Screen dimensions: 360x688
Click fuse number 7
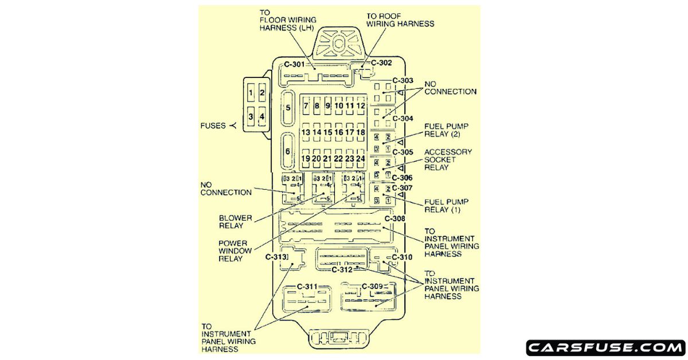coord(306,106)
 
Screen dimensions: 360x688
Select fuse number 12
coord(361,106)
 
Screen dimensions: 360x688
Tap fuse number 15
coord(328,132)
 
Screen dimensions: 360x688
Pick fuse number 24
coord(361,158)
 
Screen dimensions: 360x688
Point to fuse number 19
coord(306,158)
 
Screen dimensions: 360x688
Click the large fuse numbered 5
coord(288,108)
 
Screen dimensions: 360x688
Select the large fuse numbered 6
coord(288,151)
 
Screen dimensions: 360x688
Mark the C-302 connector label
coord(381,63)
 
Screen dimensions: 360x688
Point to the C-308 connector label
coord(394,218)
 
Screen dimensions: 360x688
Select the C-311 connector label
coord(307,286)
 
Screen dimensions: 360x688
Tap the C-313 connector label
coord(276,257)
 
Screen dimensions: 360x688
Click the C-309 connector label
coord(372,286)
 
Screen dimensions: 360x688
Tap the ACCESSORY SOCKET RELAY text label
coord(448,159)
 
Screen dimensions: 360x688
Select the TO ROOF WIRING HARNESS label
coord(400,20)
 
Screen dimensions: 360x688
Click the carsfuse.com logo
coord(605,348)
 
